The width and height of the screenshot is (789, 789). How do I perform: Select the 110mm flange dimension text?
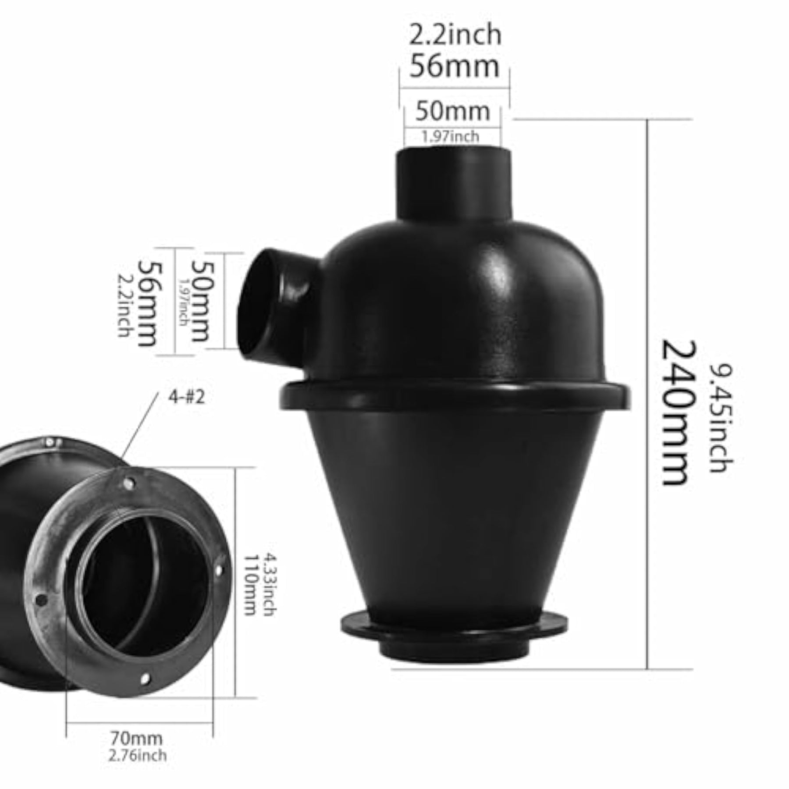[250, 585]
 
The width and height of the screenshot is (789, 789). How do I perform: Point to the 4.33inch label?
[269, 585]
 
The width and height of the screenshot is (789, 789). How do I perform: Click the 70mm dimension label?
[136, 738]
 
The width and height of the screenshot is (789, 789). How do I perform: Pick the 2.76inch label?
[138, 756]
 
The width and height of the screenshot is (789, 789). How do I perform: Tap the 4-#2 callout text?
[186, 398]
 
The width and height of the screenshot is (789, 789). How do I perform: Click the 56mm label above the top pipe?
[455, 66]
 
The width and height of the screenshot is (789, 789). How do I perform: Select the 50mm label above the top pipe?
[453, 111]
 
